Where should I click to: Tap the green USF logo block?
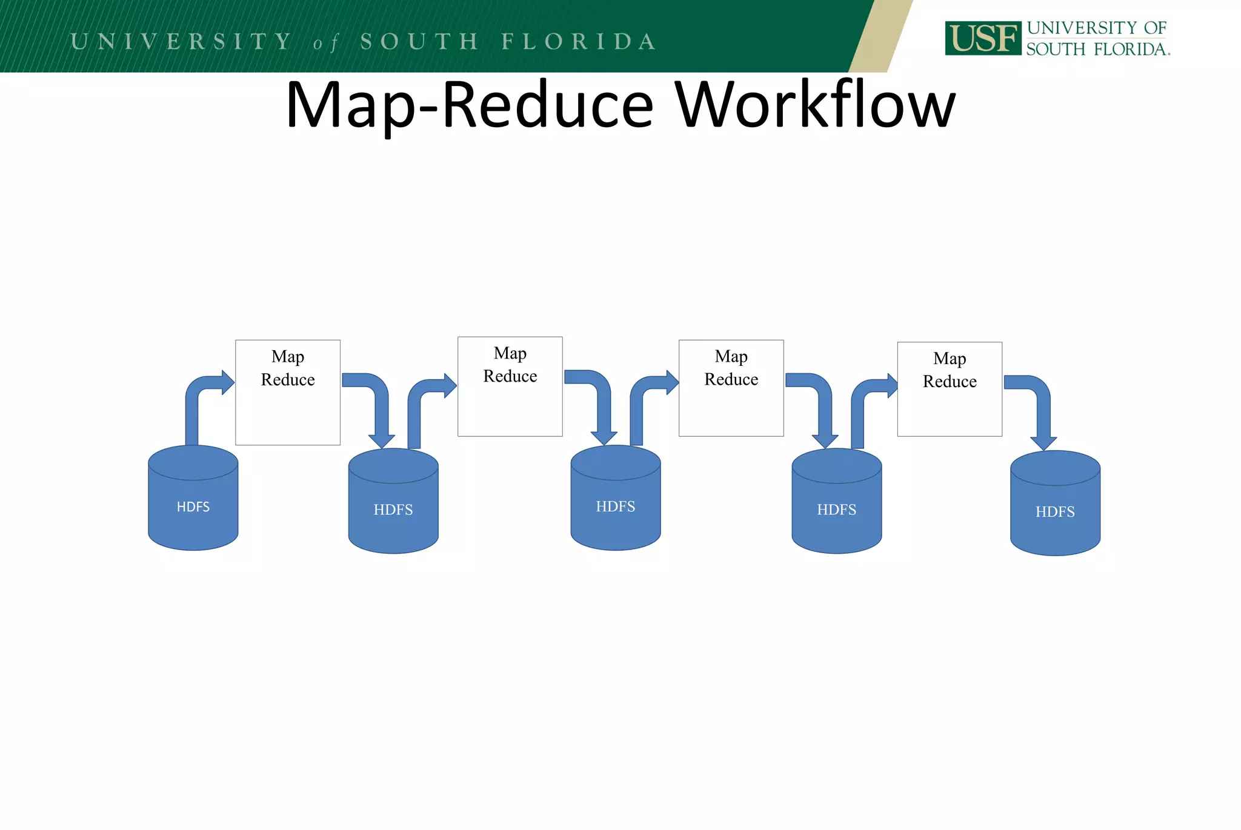coord(983,38)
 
